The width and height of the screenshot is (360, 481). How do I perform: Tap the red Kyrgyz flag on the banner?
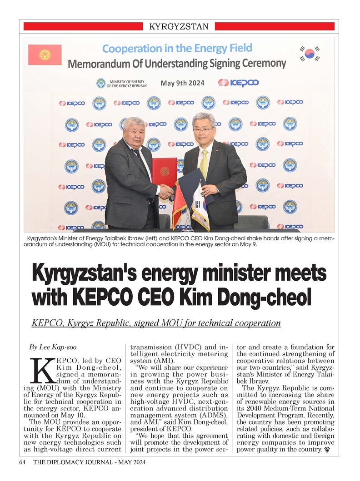(45, 55)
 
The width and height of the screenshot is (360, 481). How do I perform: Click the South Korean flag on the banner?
(310, 54)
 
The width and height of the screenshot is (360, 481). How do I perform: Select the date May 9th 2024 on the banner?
(182, 83)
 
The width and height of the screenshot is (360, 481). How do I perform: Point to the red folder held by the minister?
(164, 172)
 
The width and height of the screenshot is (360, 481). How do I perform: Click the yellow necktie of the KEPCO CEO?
(204, 164)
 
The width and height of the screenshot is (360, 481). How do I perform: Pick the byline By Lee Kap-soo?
(53, 347)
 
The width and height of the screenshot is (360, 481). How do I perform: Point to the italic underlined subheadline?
(156, 323)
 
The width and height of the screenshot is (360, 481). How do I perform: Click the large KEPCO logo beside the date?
(238, 83)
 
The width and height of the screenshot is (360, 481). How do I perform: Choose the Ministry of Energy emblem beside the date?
(100, 83)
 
